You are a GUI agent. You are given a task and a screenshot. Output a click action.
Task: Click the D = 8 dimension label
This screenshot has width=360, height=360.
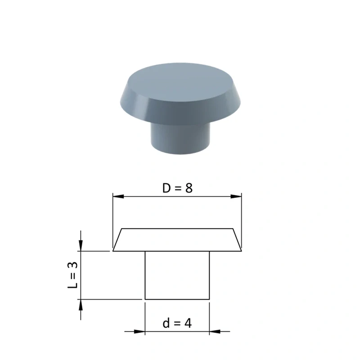point(177,188)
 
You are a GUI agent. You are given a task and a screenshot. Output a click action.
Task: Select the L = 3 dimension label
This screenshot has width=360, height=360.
point(73,275)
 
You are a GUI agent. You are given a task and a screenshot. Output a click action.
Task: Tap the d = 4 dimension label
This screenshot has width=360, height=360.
point(177,324)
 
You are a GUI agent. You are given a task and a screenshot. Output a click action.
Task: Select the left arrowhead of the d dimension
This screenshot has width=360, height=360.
point(139,332)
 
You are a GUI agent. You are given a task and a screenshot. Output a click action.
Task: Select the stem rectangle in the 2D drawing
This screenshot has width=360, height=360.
point(177,275)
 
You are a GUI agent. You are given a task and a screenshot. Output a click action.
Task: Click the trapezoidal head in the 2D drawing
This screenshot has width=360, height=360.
point(177,240)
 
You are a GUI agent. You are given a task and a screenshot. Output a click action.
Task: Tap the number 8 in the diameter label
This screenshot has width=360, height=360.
point(189,188)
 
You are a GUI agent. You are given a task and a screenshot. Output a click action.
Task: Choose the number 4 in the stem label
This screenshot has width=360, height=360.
point(188,324)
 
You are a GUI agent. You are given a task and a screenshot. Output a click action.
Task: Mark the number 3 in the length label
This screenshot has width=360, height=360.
point(73,265)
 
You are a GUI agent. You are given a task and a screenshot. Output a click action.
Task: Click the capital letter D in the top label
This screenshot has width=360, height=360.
point(166,188)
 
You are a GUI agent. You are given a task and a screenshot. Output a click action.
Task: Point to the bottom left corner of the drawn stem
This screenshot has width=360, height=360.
point(145,299)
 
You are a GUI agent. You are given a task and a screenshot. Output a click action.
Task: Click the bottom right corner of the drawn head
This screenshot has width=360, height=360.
point(242,251)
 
